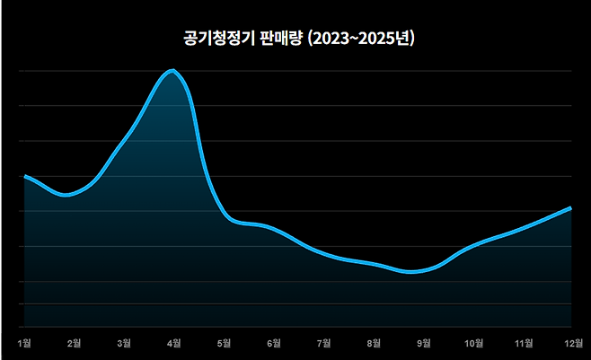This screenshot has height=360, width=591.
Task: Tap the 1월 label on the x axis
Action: (x=24, y=342)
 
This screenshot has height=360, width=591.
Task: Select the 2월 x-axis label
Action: (x=75, y=342)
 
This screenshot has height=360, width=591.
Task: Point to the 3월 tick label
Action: (x=124, y=342)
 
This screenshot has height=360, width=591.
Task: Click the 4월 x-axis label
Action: (x=174, y=342)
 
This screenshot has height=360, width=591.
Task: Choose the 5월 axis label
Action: (x=224, y=342)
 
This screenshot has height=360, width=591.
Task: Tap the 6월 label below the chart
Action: (x=274, y=342)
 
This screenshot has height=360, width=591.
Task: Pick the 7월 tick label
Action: (x=323, y=342)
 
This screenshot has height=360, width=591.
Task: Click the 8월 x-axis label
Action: (x=374, y=342)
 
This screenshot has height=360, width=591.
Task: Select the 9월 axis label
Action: (x=423, y=342)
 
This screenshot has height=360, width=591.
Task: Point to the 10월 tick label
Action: (x=473, y=342)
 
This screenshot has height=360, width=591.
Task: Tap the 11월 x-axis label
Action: (x=523, y=342)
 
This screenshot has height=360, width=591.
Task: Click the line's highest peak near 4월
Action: (x=172, y=70)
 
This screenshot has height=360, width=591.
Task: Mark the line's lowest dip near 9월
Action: (x=411, y=272)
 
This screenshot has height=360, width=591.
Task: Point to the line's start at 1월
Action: (x=25, y=176)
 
